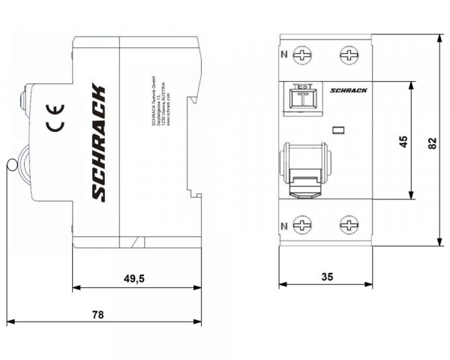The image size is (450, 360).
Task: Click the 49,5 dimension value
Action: pyautogui.click(x=133, y=278)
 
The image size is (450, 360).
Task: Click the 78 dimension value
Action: pyautogui.click(x=97, y=314)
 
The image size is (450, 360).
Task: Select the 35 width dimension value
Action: pyautogui.click(x=326, y=276)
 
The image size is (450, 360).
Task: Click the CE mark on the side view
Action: pyautogui.click(x=56, y=116)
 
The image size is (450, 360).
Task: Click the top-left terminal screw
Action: pyautogui.click(x=303, y=55)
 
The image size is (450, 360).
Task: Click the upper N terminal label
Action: pyautogui.click(x=283, y=54)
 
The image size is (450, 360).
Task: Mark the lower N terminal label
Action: pyautogui.click(x=283, y=225)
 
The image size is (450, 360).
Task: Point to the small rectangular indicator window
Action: pyautogui.click(x=338, y=130)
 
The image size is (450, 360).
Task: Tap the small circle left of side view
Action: pyautogui.click(x=11, y=165)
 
